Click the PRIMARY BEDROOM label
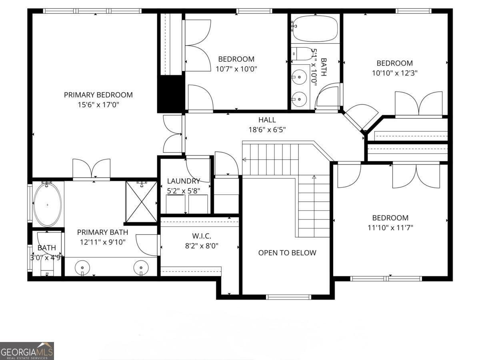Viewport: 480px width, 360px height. click(98, 95)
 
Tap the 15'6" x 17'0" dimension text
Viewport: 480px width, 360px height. click(98, 105)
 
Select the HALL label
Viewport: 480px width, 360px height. click(267, 120)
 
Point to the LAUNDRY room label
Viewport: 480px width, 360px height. click(183, 181)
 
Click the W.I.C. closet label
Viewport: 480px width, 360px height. click(201, 236)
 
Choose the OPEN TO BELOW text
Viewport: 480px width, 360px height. click(287, 253)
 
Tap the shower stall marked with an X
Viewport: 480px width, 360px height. click(141, 202)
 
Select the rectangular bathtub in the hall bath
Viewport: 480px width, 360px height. click(315, 28)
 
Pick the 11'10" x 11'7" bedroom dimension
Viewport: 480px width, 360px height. click(390, 228)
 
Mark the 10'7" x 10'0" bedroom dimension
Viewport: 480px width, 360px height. click(236, 69)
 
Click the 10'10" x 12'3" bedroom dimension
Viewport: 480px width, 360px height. click(394, 73)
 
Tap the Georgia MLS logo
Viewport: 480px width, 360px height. click(27, 351)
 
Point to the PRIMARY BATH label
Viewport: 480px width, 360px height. click(102, 232)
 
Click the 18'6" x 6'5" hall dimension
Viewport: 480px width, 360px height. click(267, 130)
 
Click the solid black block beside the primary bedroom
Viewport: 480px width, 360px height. click(170, 94)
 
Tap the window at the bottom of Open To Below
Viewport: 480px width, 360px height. click(288, 297)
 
